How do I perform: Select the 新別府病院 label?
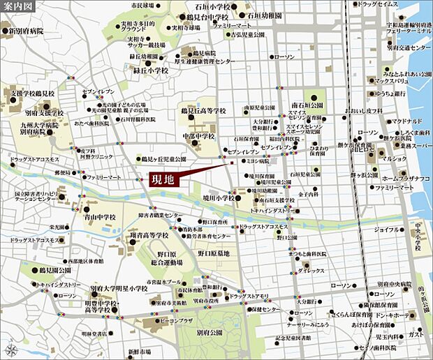(x=27, y=31)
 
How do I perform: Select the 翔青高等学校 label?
(x=149, y=235)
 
